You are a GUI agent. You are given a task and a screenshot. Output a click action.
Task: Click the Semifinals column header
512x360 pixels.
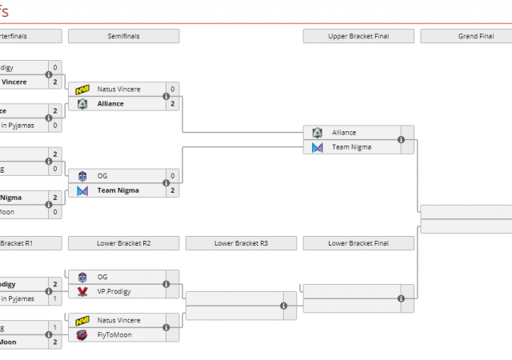pyautogui.click(x=123, y=36)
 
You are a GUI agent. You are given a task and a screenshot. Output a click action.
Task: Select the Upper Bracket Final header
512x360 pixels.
pyautogui.click(x=358, y=36)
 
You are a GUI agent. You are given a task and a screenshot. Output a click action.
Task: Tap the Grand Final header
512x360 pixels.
pyautogui.click(x=474, y=36)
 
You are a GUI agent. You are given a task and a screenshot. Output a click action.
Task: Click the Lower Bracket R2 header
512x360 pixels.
pyautogui.click(x=123, y=242)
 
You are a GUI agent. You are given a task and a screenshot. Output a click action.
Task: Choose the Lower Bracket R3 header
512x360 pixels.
pyautogui.click(x=241, y=242)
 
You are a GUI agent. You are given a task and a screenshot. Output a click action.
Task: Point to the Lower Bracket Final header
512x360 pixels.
pyautogui.click(x=358, y=242)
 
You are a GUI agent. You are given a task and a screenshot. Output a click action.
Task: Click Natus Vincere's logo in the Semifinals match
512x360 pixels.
pyautogui.click(x=82, y=90)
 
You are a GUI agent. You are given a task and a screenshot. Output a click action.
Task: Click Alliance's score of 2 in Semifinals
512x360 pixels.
pyautogui.click(x=172, y=104)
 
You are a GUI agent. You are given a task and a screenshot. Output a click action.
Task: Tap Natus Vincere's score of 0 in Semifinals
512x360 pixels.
pyautogui.click(x=172, y=90)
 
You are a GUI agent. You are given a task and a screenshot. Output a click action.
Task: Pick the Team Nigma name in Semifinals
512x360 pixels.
pyautogui.click(x=118, y=190)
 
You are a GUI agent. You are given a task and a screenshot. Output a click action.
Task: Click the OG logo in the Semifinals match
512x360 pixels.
pyautogui.click(x=82, y=176)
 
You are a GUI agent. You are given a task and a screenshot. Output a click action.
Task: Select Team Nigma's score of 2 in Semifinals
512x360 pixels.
pyautogui.click(x=172, y=190)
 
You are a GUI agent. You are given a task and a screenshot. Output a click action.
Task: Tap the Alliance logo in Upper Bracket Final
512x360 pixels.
pyautogui.click(x=318, y=133)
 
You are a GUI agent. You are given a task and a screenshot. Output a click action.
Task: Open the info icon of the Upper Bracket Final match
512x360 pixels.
pyautogui.click(x=401, y=140)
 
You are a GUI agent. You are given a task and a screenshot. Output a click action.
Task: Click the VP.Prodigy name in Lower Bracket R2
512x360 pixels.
pyautogui.click(x=114, y=291)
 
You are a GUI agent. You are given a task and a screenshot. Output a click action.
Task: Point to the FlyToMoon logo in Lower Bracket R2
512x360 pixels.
pyautogui.click(x=82, y=334)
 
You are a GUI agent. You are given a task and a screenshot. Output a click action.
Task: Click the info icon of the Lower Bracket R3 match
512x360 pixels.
pyautogui.click(x=284, y=306)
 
